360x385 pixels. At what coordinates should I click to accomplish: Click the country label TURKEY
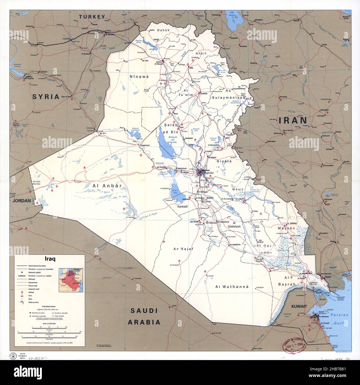pos(92,17)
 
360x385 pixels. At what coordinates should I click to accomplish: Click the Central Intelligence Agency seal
pos(12,356)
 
